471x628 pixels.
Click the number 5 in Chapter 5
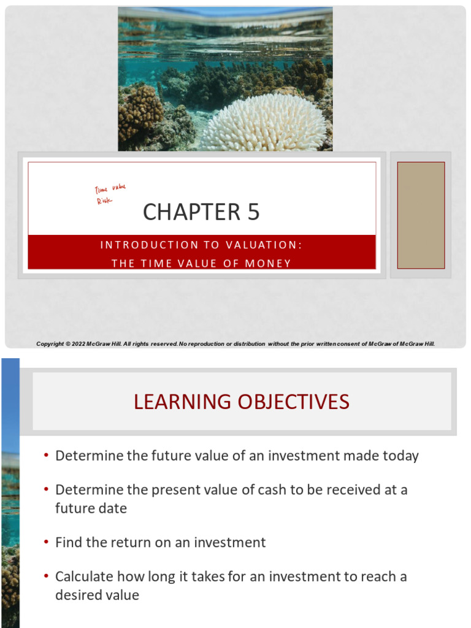point(253,212)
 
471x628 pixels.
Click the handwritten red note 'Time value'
point(110,190)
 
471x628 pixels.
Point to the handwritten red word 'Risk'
point(104,201)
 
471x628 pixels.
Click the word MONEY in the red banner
point(268,263)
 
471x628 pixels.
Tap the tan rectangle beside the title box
point(421,215)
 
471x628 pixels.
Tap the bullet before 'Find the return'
point(46,543)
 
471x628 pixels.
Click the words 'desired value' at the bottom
point(97,595)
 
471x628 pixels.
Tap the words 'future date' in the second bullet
point(91,508)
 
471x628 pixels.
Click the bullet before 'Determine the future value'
point(46,456)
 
